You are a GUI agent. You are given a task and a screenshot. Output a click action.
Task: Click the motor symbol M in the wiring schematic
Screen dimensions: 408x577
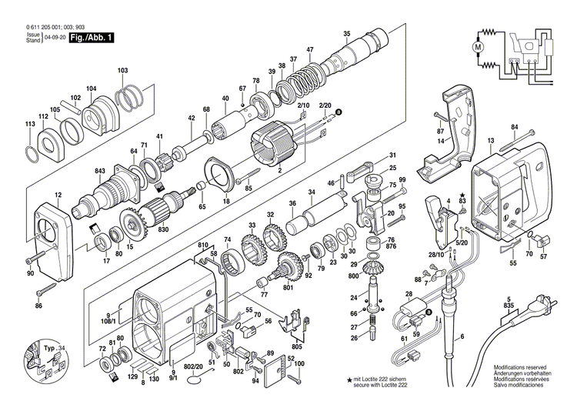478,48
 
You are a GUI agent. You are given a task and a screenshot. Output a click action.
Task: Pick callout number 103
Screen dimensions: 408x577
123,71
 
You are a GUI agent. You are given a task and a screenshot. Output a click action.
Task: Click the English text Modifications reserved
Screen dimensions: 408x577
522,370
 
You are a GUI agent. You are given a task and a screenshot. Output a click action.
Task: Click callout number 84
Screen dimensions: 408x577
514,126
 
